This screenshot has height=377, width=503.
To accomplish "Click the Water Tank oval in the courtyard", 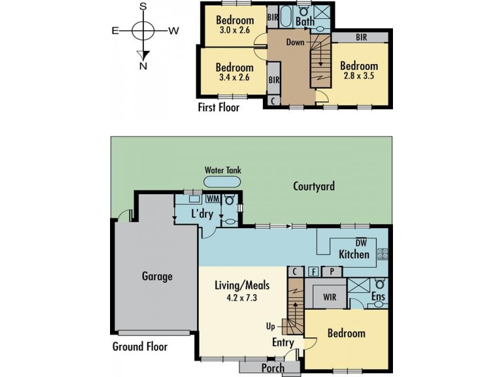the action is (x=222, y=182).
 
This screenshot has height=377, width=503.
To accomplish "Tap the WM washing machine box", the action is (x=213, y=199).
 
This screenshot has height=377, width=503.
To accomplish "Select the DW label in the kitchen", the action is (x=361, y=243).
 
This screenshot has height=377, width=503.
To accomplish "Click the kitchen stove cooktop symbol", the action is (x=382, y=254).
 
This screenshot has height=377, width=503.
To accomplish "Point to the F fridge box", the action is (x=313, y=272).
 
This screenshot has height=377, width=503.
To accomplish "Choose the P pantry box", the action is (x=332, y=272).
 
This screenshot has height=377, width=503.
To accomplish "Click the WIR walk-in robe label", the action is (x=329, y=297).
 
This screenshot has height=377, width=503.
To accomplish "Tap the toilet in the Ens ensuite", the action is (x=380, y=284).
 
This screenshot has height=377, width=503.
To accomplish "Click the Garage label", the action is (x=157, y=276).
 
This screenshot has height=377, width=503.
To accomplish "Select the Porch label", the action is (x=273, y=368).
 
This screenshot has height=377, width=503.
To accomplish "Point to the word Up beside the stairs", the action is (x=270, y=327).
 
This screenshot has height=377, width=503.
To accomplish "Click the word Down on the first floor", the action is (x=295, y=42).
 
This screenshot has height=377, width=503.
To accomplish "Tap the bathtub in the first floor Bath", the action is (x=285, y=18).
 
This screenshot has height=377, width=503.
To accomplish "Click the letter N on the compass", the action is (x=143, y=67).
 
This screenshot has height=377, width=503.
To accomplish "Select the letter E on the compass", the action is (x=115, y=31).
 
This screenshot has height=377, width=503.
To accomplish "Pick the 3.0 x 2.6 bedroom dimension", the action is (x=235, y=30).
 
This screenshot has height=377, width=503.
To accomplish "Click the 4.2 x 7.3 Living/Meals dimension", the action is (x=242, y=298).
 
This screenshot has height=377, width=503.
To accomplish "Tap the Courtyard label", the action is (x=314, y=186).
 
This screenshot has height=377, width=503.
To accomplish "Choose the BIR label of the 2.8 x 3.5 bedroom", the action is (x=362, y=38).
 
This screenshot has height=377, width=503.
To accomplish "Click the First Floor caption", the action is (x=219, y=107).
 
